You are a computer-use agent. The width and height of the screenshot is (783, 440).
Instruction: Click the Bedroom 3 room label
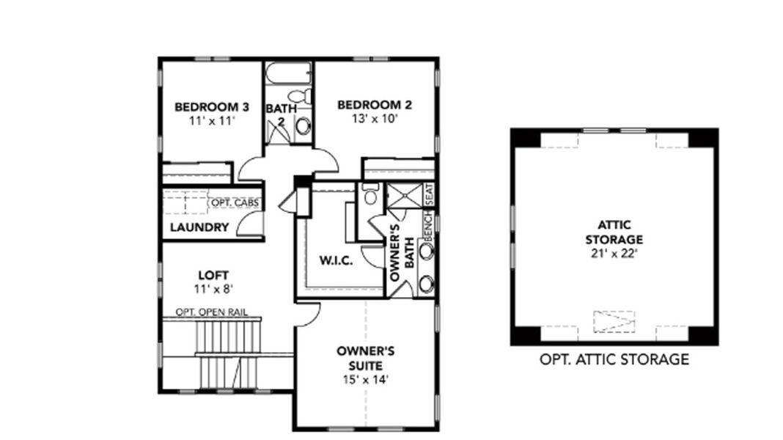[211, 107]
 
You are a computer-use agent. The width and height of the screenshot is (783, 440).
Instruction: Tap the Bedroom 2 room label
[374, 105]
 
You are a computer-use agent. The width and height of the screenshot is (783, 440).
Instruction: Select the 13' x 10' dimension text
[374, 119]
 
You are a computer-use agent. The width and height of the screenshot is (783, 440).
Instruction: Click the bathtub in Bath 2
[288, 73]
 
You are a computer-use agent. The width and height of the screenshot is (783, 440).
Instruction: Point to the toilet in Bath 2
[299, 96]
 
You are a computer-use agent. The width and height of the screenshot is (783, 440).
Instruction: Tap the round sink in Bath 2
[302, 126]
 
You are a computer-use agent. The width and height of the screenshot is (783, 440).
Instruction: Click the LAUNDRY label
[199, 227]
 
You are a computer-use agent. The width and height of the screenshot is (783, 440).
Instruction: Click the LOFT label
[209, 275]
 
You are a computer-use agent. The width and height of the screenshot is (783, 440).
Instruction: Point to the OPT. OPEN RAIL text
[211, 312]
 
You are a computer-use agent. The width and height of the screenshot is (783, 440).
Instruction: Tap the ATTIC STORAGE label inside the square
[614, 232]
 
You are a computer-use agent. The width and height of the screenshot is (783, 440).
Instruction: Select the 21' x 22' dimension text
[614, 253]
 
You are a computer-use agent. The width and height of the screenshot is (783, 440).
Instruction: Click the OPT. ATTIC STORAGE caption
[614, 359]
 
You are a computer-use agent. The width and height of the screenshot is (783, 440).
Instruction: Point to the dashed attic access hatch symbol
[614, 320]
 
